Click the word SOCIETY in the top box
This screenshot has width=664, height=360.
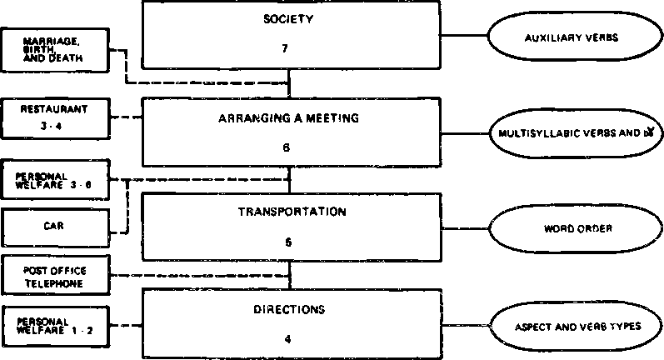289,19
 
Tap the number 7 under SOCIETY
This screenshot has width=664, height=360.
289,49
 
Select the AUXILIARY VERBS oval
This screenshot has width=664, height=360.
576,38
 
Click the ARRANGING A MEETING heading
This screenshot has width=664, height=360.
289,118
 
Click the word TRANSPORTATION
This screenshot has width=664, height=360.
289,212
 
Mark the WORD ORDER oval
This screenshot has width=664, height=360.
576,227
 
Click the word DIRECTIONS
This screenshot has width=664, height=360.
289,309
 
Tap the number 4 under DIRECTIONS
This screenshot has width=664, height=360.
289,339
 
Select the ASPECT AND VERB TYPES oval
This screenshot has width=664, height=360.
576,326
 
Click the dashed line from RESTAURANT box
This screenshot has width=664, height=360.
125,117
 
